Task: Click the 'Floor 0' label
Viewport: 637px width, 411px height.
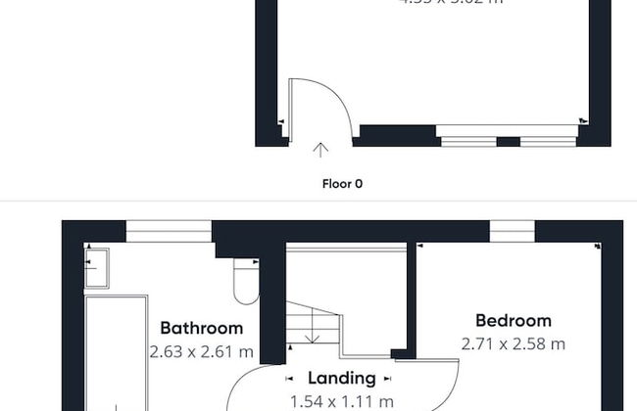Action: tap(343, 183)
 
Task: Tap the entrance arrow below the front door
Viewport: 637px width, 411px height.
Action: tap(320, 150)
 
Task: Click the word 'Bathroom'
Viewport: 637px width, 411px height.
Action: tap(201, 328)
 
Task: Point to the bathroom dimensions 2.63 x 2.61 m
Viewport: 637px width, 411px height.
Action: tap(201, 350)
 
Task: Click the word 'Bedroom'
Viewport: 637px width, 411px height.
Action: tap(513, 320)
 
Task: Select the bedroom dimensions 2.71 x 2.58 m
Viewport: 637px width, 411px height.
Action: tap(513, 343)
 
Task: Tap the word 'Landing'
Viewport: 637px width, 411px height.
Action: tap(342, 378)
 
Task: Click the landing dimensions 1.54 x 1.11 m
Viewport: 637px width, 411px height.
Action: tap(342, 400)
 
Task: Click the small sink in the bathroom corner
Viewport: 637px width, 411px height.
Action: tap(96, 267)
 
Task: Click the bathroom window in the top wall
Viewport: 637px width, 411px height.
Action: tap(169, 231)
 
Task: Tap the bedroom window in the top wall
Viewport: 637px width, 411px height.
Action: tap(513, 230)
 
